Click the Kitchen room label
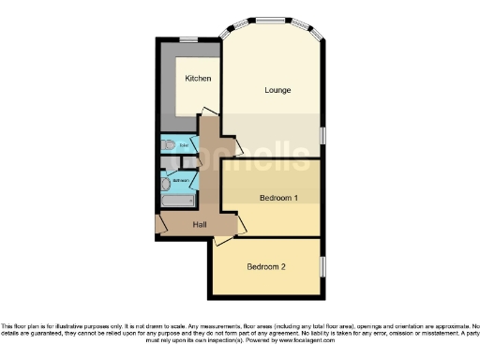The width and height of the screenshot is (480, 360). coord(197,78)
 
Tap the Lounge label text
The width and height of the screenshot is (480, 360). coord(277,90)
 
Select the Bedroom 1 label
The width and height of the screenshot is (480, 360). coord(278,198)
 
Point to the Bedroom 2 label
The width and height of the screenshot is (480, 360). coord(266,267)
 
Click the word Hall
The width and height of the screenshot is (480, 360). coord(200,224)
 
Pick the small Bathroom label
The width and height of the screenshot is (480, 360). coord(181,179)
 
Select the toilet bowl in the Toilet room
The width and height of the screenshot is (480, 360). coord(167,145)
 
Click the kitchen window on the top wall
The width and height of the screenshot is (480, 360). coord(188,38)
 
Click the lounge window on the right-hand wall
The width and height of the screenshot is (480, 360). coord(322,133)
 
